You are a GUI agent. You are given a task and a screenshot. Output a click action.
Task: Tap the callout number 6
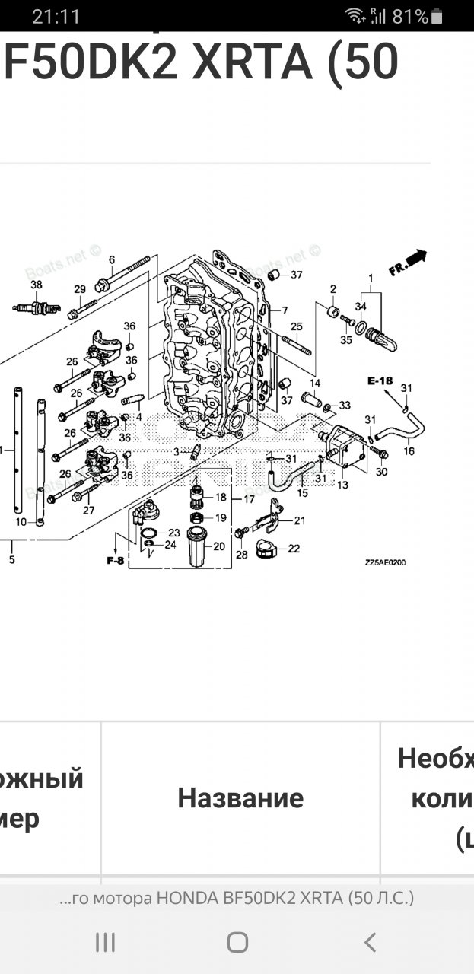111,260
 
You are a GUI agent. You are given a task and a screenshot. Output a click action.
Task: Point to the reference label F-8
116,560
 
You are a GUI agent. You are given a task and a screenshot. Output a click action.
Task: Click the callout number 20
219,546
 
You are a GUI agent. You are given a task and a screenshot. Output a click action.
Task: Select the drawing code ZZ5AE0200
385,563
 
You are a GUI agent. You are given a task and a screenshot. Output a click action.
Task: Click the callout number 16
409,451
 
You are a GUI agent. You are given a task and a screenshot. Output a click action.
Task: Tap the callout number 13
342,485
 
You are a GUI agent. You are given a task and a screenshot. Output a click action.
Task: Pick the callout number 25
297,327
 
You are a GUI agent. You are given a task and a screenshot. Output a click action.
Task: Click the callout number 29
80,289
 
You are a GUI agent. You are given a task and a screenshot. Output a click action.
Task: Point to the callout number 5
11,560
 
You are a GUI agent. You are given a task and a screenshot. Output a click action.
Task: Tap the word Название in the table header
240,797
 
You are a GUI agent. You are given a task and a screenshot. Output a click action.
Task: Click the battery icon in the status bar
437,16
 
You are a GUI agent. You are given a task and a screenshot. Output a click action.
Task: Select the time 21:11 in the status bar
56,16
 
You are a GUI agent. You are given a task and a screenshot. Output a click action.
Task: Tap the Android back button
370,943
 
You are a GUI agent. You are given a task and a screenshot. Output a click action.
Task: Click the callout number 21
299,520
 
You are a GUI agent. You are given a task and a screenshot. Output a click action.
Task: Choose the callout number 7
285,310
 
